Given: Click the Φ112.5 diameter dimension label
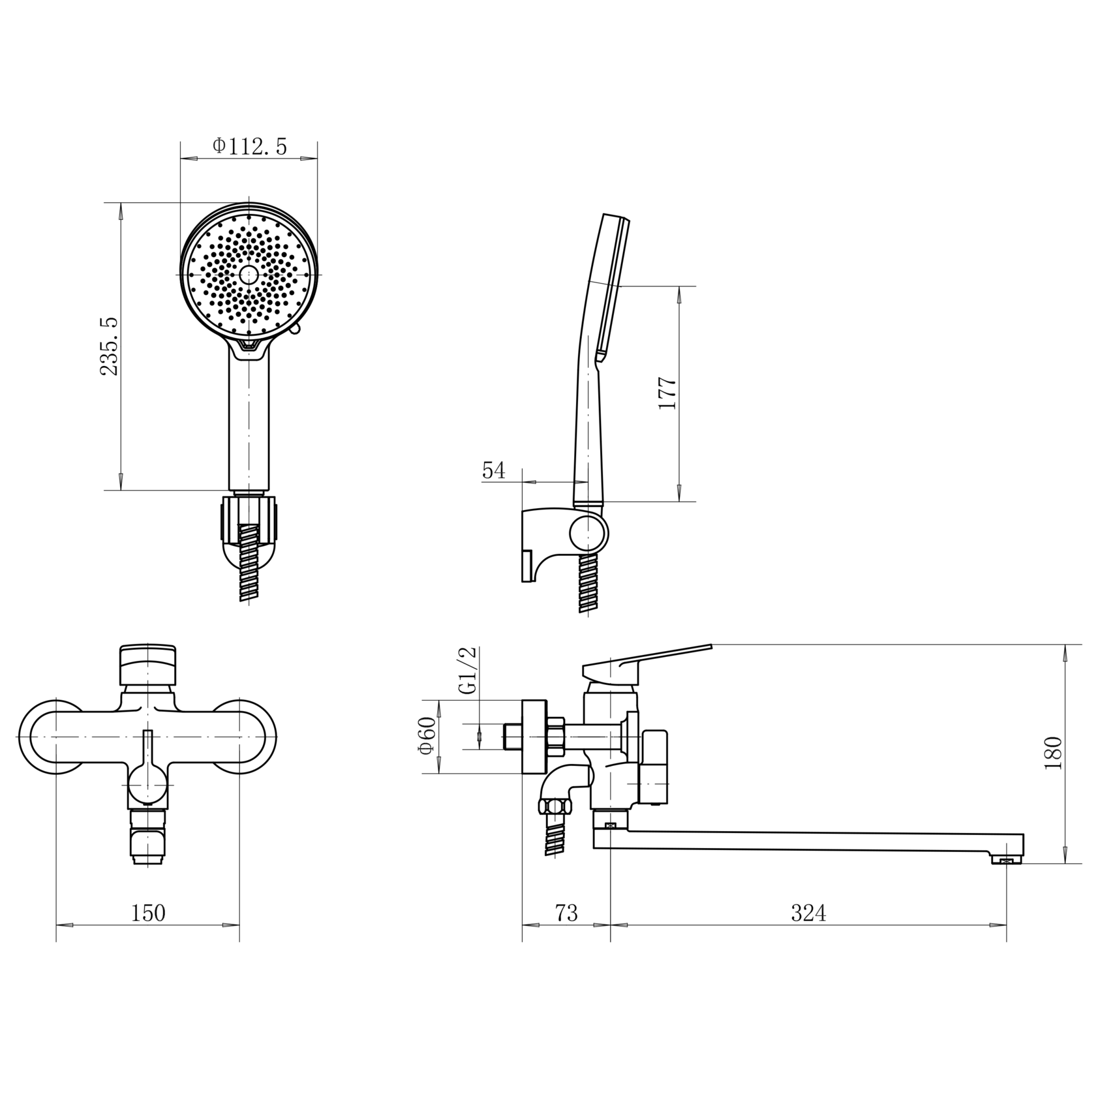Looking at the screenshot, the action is (x=249, y=146).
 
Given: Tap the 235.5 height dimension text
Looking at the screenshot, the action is (x=110, y=346).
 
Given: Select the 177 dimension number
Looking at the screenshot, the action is (x=667, y=393).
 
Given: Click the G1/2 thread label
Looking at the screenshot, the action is (x=468, y=671).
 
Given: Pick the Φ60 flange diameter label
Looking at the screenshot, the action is (x=427, y=736).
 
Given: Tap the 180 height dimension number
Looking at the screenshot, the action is (x=1053, y=753).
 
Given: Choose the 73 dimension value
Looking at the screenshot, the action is (x=566, y=913).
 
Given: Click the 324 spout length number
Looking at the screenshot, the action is (x=808, y=913).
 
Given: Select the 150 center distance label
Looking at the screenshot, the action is (x=148, y=913).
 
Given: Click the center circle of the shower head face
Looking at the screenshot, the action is (x=249, y=275).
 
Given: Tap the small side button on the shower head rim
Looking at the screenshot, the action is (x=294, y=331).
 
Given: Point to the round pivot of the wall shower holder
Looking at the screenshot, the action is (x=588, y=532).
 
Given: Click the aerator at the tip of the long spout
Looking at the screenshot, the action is (x=1006, y=861).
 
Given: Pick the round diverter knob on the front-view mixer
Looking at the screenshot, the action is (x=148, y=785).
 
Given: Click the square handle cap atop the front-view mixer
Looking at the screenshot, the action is (x=148, y=665).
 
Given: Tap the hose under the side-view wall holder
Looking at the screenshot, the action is (x=588, y=582).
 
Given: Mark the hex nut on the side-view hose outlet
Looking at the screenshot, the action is (x=555, y=806).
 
